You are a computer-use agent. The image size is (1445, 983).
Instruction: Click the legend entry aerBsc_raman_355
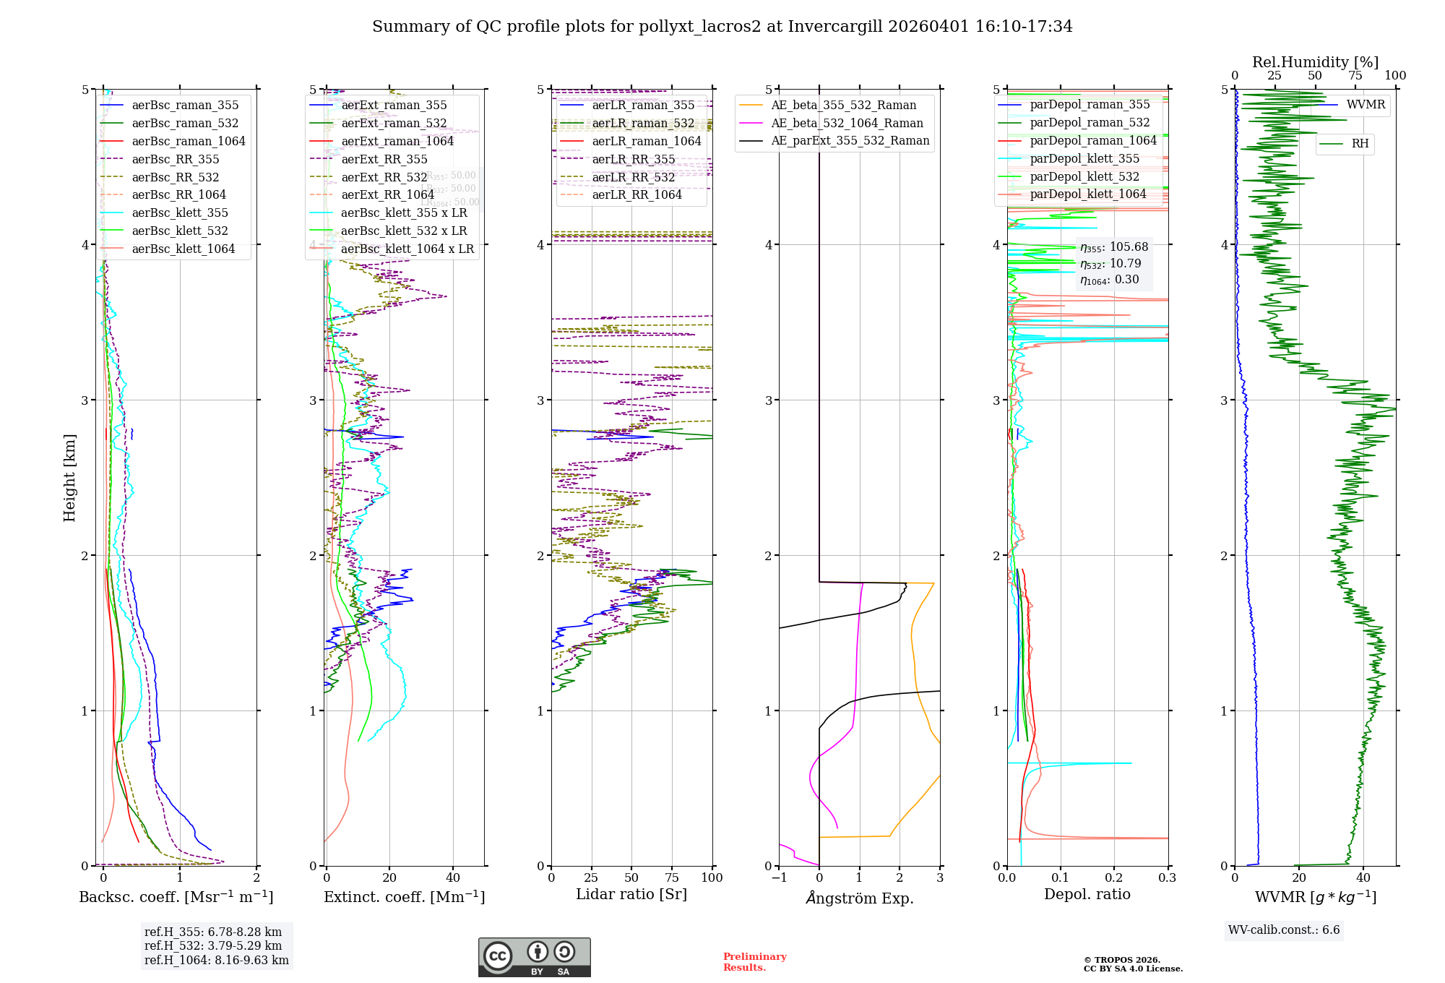(185, 106)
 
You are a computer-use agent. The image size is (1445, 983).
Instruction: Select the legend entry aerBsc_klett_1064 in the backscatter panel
(183, 249)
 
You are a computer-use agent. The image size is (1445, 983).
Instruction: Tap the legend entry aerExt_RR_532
(384, 177)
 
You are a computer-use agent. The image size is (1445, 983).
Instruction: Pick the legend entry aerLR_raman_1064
(646, 142)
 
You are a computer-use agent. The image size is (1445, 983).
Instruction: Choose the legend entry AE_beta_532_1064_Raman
(847, 124)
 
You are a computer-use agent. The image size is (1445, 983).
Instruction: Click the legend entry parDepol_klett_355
(1084, 159)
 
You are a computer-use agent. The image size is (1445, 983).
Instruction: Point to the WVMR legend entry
(1366, 105)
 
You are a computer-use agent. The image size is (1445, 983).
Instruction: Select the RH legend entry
(1360, 144)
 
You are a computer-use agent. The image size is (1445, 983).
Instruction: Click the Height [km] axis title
(69, 478)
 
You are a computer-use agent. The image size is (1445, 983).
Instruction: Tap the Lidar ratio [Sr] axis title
(631, 895)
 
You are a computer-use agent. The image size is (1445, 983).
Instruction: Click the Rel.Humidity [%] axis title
(1315, 62)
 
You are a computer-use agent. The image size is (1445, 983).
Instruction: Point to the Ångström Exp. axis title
(860, 898)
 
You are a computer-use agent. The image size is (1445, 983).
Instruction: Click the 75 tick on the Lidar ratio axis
(672, 878)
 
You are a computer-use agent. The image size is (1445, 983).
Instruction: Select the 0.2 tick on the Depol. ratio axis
(1114, 878)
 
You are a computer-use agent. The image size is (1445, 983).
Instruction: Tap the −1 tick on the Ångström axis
(779, 878)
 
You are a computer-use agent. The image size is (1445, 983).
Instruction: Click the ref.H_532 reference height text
(213, 946)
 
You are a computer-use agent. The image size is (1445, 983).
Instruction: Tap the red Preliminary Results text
(754, 962)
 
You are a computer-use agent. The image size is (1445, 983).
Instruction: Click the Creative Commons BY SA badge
(534, 957)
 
